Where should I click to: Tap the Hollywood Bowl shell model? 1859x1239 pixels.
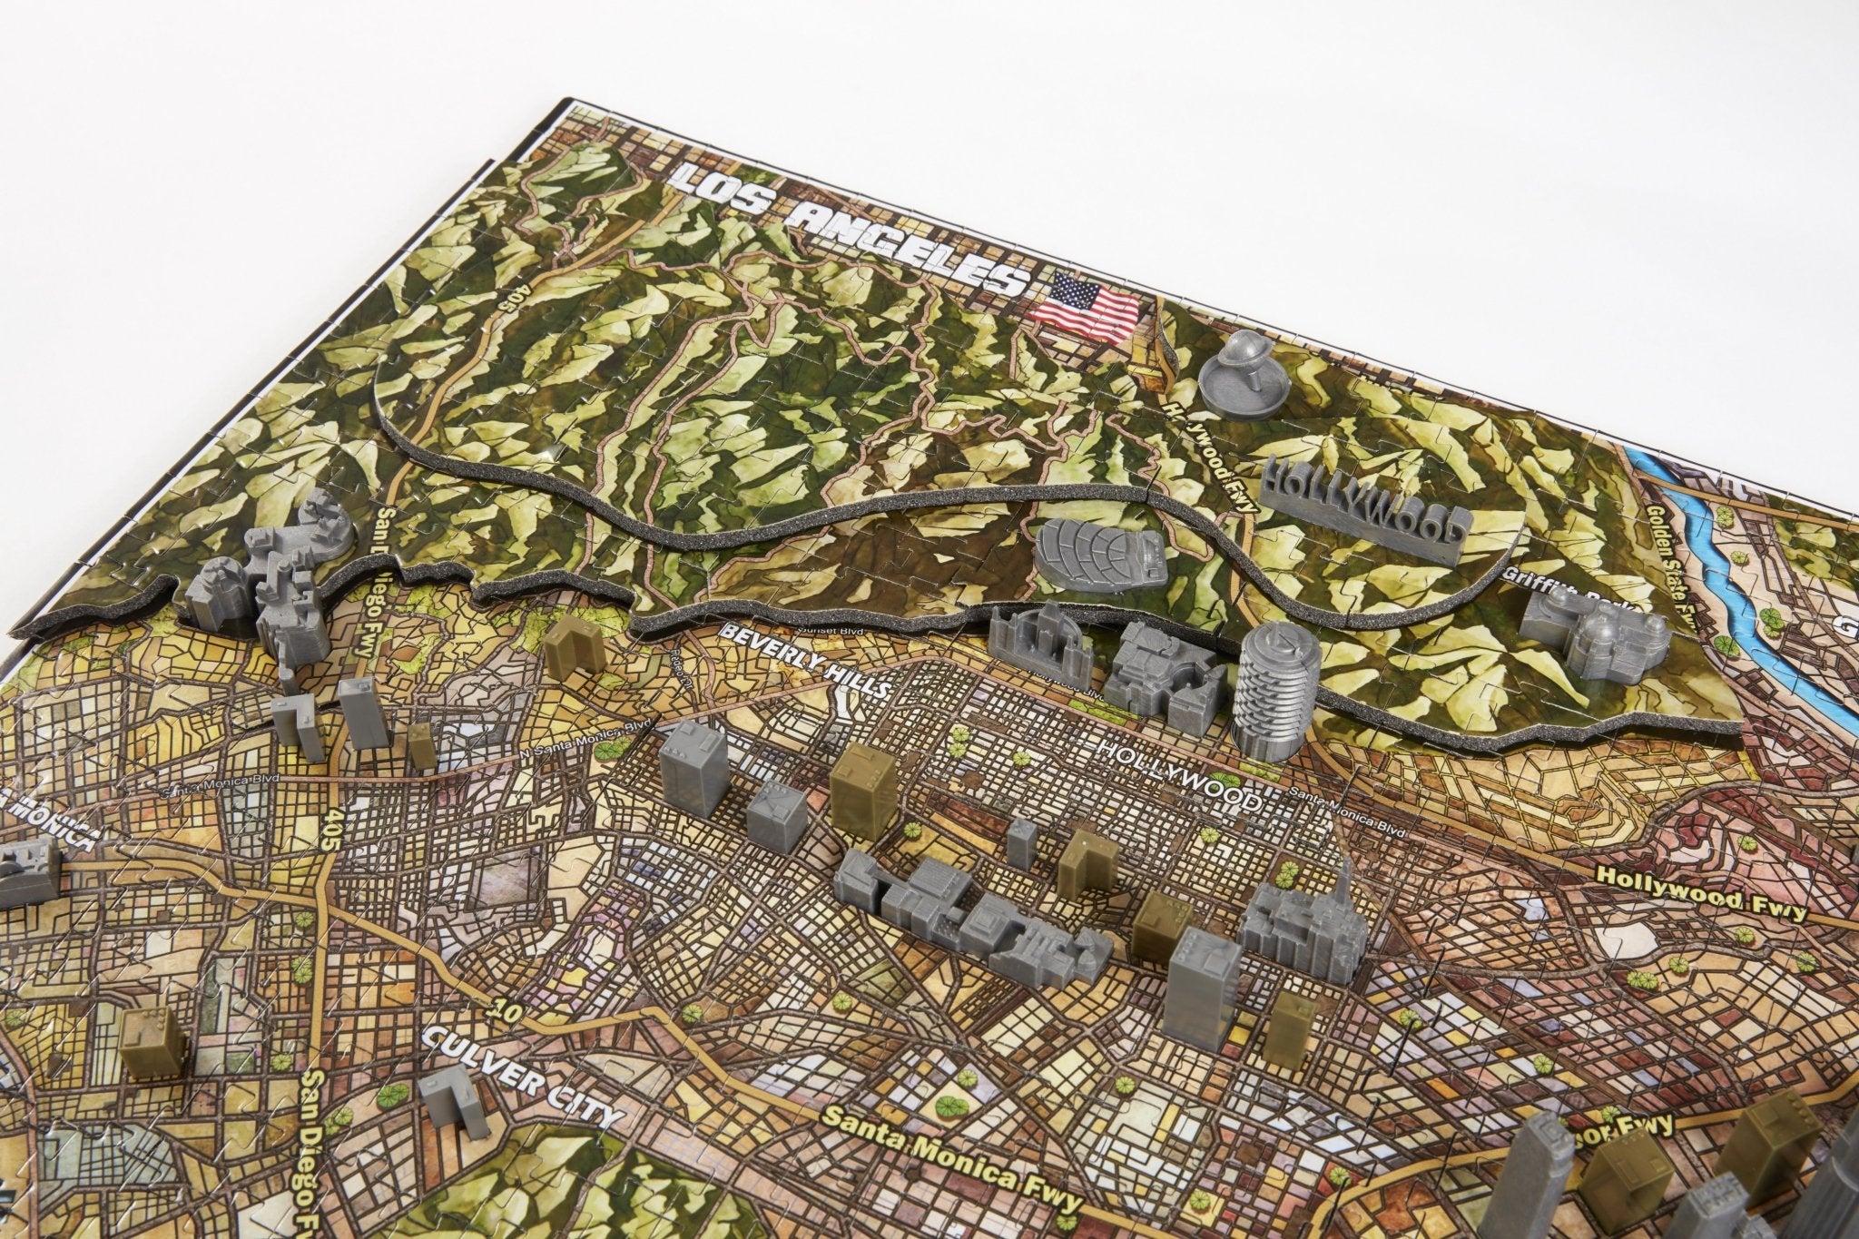coord(1097,553)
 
